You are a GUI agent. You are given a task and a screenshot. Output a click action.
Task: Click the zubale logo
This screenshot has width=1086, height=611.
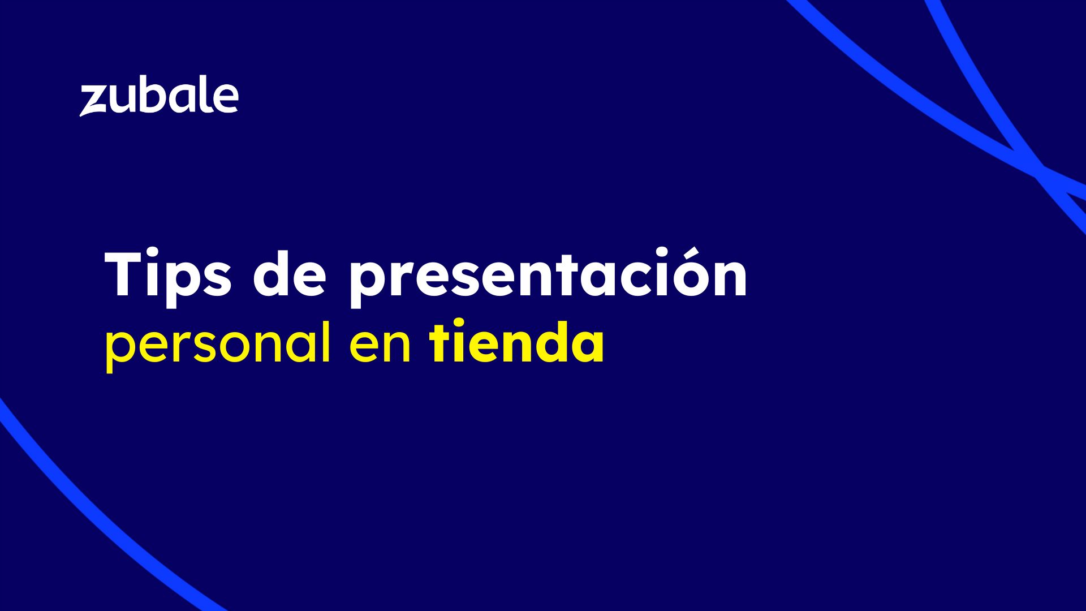tap(159, 98)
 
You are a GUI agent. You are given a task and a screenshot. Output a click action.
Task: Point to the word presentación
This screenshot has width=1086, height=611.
tap(548, 278)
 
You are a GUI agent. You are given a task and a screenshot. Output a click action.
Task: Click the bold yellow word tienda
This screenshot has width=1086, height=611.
tap(517, 341)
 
